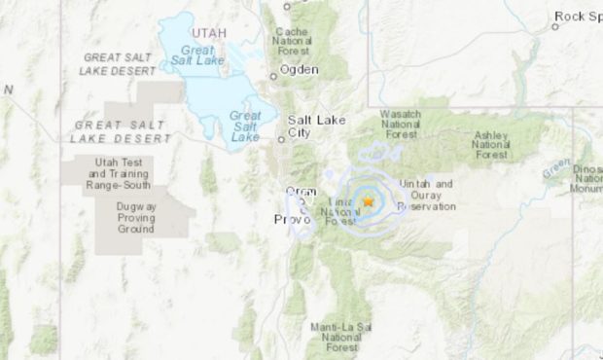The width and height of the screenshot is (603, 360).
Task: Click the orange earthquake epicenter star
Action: coord(369,201)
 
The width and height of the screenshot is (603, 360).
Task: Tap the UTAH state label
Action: coord(208,33)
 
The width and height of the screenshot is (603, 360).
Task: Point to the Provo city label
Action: coord(291,220)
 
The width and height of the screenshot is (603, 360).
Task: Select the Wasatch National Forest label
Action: coord(400,125)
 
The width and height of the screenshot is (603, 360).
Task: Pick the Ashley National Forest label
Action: coord(491,145)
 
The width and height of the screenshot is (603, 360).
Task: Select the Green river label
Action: coord(556,169)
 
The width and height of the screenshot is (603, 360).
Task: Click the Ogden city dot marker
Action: coord(273,76)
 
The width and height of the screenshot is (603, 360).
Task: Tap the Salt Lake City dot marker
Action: coord(282,139)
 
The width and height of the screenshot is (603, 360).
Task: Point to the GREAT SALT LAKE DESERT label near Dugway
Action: coord(121,132)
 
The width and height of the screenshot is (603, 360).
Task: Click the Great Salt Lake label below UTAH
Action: coord(197,57)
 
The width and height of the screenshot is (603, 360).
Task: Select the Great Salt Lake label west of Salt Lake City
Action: coord(245,126)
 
